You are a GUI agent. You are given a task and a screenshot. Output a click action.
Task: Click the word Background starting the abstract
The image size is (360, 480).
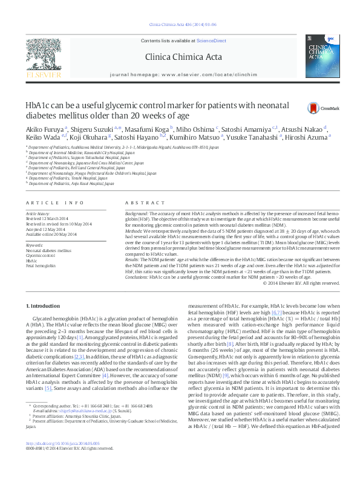[137, 215]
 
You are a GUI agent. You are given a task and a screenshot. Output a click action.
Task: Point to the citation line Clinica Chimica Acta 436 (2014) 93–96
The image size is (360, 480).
[179, 25]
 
